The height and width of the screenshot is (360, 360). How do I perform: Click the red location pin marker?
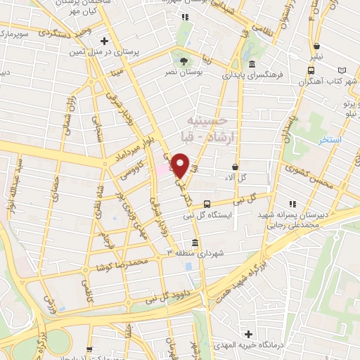coord(181,165)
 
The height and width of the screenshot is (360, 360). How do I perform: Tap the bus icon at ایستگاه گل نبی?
coord(206,205)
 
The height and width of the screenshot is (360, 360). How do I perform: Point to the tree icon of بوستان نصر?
coord(184,60)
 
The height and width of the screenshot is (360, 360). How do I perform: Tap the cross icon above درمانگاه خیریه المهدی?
coord(247,334)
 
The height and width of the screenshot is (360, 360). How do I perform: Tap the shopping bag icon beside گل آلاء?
coord(234,167)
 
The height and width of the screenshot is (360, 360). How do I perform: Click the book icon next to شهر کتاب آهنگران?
coord(342,70)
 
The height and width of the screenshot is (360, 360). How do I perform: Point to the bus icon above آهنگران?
coord(311,70)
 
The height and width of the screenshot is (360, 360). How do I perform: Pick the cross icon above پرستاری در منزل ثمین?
coord(105,41)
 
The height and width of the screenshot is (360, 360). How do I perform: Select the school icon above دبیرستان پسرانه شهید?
coord(292,204)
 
